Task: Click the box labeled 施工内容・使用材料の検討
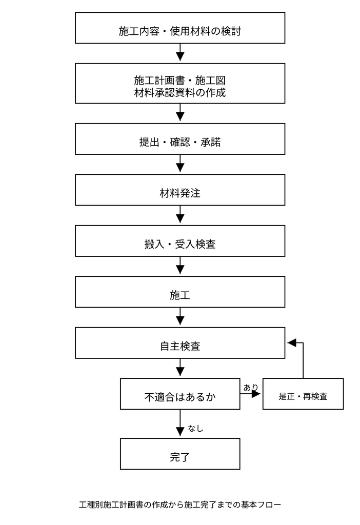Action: pyautogui.click(x=180, y=28)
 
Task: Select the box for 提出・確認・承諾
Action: pyautogui.click(x=180, y=139)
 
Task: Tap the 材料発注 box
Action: pyautogui.click(x=180, y=190)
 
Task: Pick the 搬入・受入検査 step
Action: pyautogui.click(x=180, y=241)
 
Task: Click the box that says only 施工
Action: pyautogui.click(x=180, y=292)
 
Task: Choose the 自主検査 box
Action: pyautogui.click(x=180, y=343)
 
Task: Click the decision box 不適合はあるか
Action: pyautogui.click(x=180, y=394)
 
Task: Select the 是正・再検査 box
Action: pyautogui.click(x=303, y=394)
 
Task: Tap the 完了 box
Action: pyautogui.click(x=180, y=454)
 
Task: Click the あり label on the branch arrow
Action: pyautogui.click(x=251, y=388)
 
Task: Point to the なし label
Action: pyautogui.click(x=195, y=428)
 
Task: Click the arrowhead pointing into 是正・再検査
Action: pyautogui.click(x=256, y=394)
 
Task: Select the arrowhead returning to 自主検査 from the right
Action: pyautogui.click(x=292, y=342)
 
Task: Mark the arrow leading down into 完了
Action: pyautogui.click(x=180, y=422)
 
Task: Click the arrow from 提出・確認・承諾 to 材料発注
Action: pyautogui.click(x=180, y=164)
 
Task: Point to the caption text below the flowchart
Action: pyautogui.click(x=180, y=504)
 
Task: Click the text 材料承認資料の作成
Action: pyautogui.click(x=180, y=92)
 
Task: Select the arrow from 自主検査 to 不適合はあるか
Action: pyautogui.click(x=180, y=367)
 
